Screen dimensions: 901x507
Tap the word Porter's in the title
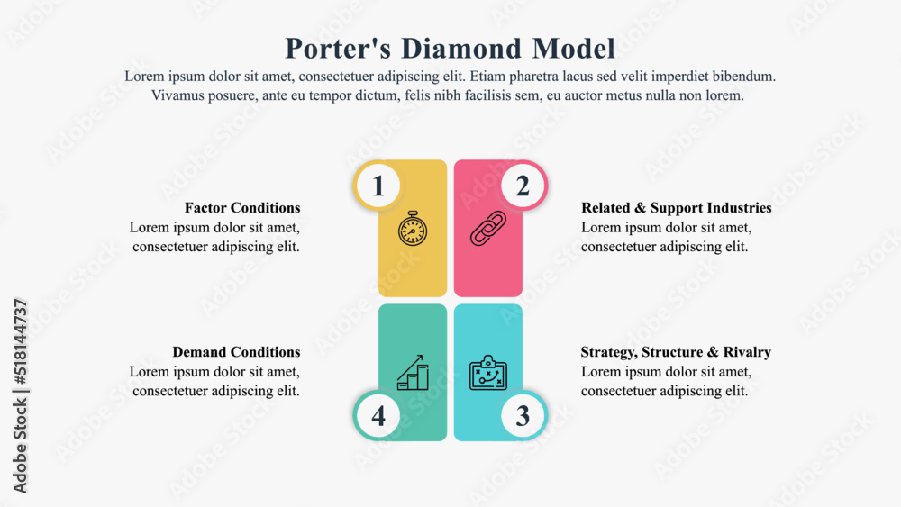327,48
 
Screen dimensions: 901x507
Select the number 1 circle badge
378,186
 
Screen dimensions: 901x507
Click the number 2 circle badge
523,186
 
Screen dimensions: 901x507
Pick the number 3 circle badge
523,416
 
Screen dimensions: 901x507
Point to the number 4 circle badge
378,416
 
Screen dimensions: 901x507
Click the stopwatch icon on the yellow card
413,229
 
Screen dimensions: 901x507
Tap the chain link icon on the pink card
488,229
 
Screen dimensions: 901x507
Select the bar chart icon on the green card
413,373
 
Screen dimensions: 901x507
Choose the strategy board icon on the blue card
488,373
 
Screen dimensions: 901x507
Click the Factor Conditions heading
242,208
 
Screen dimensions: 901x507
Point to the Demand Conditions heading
236,352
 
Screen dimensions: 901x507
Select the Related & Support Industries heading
676,208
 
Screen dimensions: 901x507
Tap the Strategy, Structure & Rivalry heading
676,352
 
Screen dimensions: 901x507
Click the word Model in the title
573,48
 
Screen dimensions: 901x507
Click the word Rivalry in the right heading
746,352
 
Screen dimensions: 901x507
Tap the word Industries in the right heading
737,208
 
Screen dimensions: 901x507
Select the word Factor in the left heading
205,208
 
